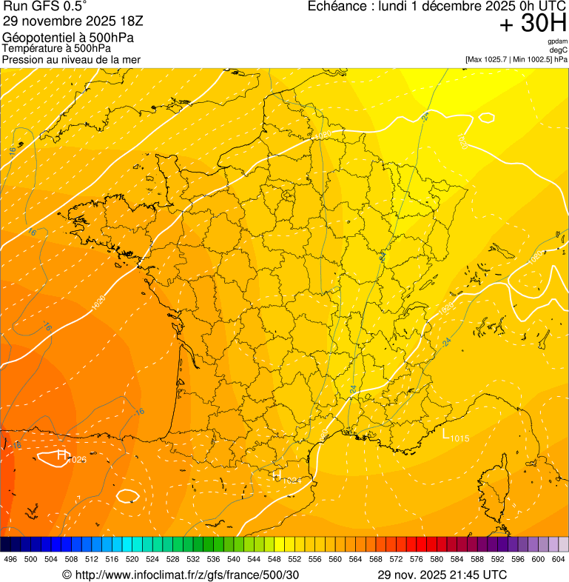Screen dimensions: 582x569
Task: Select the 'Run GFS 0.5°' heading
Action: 46,7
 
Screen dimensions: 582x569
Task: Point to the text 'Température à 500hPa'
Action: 61,49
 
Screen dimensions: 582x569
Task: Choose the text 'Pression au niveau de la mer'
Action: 71,59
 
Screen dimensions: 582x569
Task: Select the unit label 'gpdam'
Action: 557,41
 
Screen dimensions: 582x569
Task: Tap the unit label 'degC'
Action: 559,50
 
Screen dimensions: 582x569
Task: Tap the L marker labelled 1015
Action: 447,435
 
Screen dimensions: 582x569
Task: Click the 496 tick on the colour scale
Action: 10,558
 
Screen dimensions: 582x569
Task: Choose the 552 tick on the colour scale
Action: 294,558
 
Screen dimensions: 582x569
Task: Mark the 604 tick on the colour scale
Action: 559,558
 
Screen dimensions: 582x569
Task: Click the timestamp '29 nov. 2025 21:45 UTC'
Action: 442,575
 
